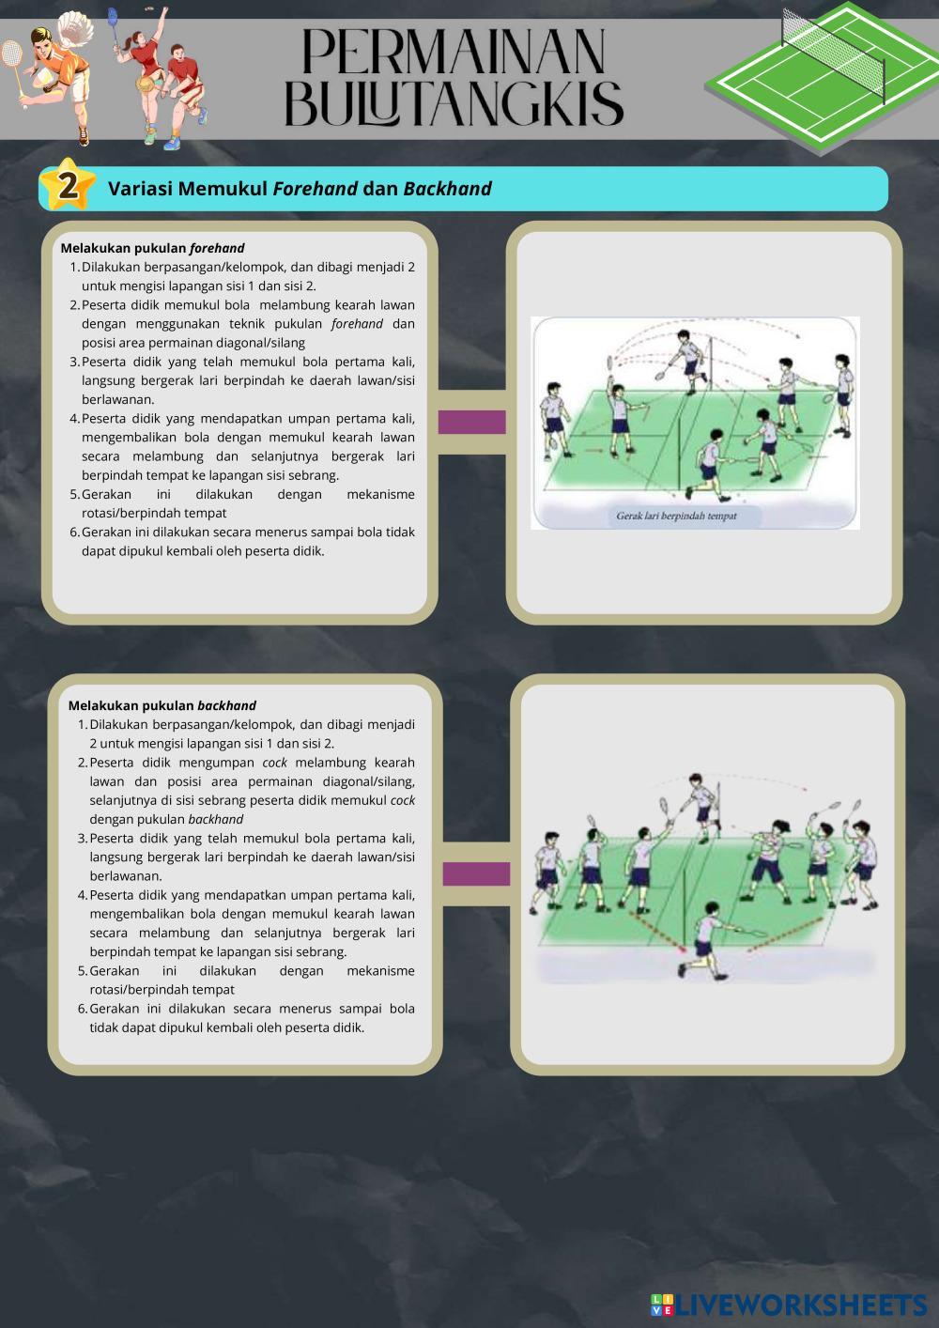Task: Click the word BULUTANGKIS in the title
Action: point(454,103)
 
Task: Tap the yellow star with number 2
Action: point(68,186)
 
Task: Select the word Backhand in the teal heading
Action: point(447,189)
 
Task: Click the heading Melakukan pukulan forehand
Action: point(152,249)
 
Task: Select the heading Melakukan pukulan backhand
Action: point(162,705)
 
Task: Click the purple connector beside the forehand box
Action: point(471,423)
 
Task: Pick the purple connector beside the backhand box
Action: point(476,874)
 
